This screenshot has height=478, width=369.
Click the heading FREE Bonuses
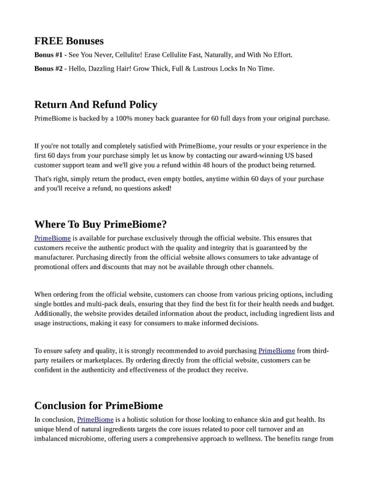(69, 41)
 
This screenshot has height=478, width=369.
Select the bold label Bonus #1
(49, 55)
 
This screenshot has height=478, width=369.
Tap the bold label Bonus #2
(49, 68)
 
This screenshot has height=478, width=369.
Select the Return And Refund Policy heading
(96, 105)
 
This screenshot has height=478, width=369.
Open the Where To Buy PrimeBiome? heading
(101, 224)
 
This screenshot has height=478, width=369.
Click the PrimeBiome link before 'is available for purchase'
(52, 238)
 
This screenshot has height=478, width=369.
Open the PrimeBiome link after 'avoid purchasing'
(276, 350)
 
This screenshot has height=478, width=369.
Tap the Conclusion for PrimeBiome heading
(98, 405)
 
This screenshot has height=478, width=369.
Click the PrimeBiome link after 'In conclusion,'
(95, 419)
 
